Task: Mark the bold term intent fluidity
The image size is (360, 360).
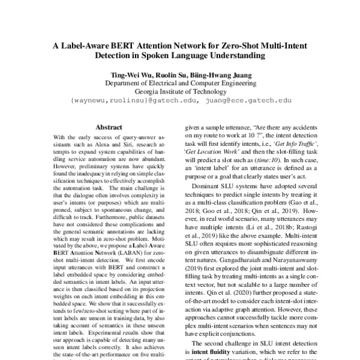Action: (x=211, y=350)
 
